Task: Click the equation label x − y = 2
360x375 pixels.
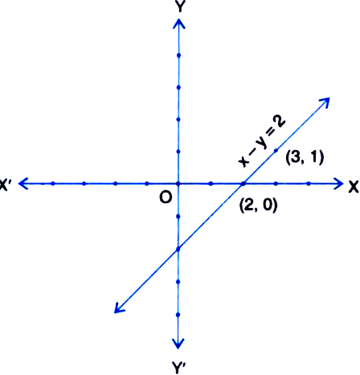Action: [263, 141]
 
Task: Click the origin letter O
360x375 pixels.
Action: [166, 198]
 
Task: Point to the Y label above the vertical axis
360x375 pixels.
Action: [179, 6]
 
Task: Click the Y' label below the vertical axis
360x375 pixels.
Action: [178, 367]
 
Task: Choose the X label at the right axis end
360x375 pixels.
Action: [354, 186]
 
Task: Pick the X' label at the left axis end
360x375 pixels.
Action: [4, 185]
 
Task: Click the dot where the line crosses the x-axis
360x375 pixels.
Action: [243, 184]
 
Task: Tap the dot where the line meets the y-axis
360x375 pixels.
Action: [178, 249]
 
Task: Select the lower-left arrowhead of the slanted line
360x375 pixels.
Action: [119, 308]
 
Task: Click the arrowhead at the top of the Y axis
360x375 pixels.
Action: [179, 23]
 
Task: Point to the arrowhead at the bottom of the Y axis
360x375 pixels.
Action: [178, 344]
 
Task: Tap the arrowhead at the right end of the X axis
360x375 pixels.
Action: [339, 184]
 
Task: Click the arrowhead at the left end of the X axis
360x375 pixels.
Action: [23, 183]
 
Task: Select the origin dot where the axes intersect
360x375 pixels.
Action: [178, 184]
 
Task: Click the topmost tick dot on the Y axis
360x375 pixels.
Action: [179, 55]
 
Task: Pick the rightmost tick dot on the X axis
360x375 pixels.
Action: [309, 184]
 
